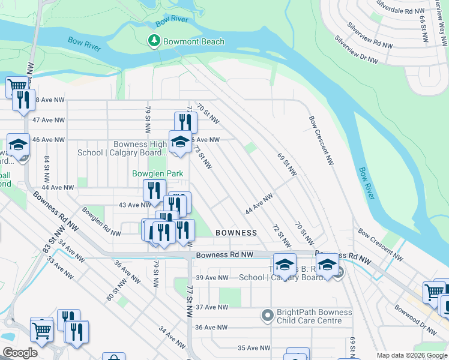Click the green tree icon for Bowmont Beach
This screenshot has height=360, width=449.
tap(154, 41)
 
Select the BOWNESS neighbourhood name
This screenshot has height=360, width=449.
tap(236, 232)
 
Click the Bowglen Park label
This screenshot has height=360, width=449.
tap(157, 173)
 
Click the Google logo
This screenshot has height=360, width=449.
tap(20, 353)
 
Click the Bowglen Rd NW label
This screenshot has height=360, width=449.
tap(97, 221)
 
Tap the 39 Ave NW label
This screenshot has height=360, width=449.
tap(213, 278)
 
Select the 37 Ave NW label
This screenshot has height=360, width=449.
tap(213, 307)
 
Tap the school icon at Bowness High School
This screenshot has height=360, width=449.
tap(179, 142)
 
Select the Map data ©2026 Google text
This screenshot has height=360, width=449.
tap(411, 355)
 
